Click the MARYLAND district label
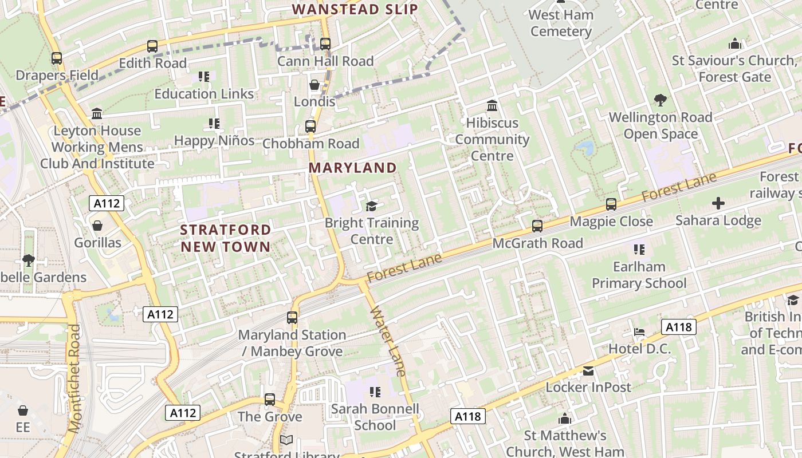pyautogui.click(x=352, y=168)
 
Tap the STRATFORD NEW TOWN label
pyautogui.click(x=225, y=238)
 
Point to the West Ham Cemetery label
pyautogui.click(x=561, y=23)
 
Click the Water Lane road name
pyautogui.click(x=388, y=342)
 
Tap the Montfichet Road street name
pyautogui.click(x=75, y=378)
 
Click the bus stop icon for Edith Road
pyautogui.click(x=152, y=46)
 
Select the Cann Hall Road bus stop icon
pyautogui.click(x=325, y=44)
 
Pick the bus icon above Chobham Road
pyautogui.click(x=310, y=127)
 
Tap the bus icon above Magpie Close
pyautogui.click(x=611, y=204)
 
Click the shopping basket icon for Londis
pyautogui.click(x=314, y=85)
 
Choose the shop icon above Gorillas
pyautogui.click(x=97, y=226)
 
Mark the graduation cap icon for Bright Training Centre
pyautogui.click(x=371, y=206)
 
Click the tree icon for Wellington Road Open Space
pyautogui.click(x=661, y=100)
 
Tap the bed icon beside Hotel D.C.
pyautogui.click(x=639, y=332)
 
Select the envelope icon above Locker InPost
pyautogui.click(x=588, y=371)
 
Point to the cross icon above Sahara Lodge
pyautogui.click(x=718, y=203)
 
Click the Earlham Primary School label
pyautogui.click(x=639, y=275)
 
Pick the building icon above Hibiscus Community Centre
pyautogui.click(x=492, y=106)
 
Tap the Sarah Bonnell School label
pyautogui.click(x=375, y=417)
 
